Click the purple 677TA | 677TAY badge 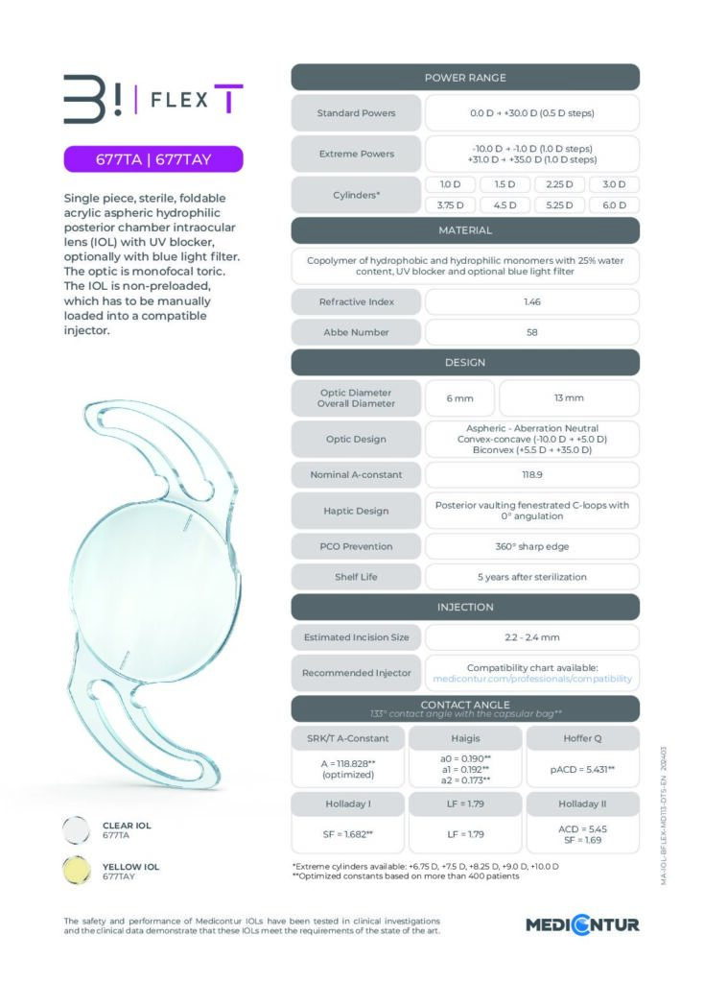tap(153, 158)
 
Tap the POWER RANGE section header tap(465, 78)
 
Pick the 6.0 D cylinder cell tap(614, 204)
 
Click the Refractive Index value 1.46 tap(531, 301)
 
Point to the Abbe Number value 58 tap(531, 332)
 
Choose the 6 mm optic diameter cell tap(459, 397)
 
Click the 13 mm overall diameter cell tap(569, 397)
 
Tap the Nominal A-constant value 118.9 tap(531, 474)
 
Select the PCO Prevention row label tap(356, 546)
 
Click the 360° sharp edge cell tap(531, 546)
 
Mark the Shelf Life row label tap(356, 577)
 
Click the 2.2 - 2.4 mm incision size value tap(531, 636)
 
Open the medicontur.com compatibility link tap(531, 679)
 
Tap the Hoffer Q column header tap(582, 737)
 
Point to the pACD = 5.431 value tap(582, 770)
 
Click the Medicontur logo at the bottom tap(582, 925)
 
